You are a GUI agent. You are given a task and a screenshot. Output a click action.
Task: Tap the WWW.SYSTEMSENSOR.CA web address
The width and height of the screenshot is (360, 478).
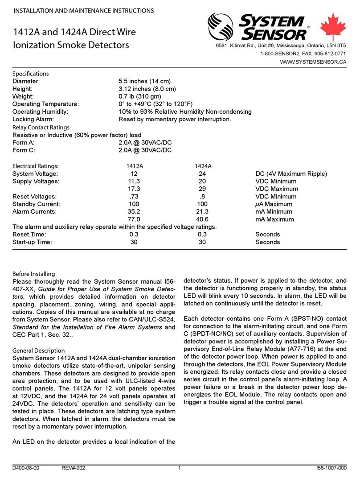(x=313, y=62)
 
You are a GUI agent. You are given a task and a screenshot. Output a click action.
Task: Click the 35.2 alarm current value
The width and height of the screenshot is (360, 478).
(x=134, y=212)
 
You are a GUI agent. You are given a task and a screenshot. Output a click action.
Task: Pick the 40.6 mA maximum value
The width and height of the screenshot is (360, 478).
(x=203, y=219)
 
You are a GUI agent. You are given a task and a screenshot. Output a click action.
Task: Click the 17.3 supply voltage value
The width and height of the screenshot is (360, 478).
(x=134, y=189)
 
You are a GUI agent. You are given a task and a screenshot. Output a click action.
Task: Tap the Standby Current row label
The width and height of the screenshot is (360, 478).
(x=37, y=204)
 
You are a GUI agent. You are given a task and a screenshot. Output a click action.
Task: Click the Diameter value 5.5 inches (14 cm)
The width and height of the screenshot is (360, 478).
(x=151, y=81)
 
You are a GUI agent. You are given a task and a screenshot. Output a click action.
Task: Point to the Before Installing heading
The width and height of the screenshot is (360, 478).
(x=33, y=273)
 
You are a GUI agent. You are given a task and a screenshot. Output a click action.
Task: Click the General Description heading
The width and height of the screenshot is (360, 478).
(x=38, y=350)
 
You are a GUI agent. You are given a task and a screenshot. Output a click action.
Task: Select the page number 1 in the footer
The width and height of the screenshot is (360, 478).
(x=179, y=467)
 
